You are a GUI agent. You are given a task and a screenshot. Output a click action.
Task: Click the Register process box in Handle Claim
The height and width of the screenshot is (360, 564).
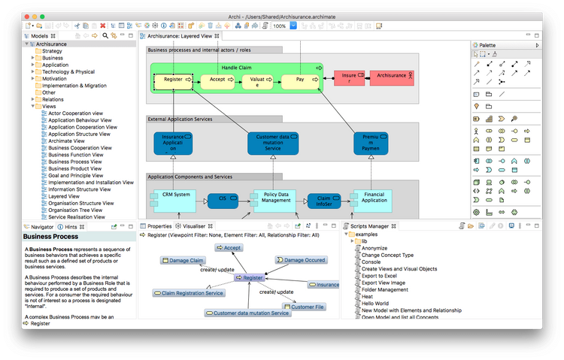click(x=173, y=79)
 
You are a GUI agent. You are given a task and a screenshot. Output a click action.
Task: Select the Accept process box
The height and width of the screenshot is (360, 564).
click(x=217, y=79)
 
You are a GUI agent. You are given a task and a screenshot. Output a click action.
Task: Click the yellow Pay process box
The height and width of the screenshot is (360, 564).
click(x=300, y=79)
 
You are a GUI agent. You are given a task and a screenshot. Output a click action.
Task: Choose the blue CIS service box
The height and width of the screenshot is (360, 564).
click(x=222, y=199)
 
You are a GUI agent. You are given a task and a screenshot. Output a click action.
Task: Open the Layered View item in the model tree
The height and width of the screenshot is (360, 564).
click(x=65, y=195)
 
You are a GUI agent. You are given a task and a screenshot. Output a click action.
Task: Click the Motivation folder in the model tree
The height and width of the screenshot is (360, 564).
click(x=54, y=79)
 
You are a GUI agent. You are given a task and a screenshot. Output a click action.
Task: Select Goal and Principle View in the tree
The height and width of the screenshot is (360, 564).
click(x=80, y=175)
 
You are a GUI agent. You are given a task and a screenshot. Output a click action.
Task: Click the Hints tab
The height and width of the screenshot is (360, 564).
click(x=71, y=226)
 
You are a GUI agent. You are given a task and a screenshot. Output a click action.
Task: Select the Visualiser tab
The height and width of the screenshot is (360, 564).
click(x=194, y=225)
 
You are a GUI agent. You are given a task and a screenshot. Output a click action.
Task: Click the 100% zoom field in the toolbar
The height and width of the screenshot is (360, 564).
click(x=279, y=26)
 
